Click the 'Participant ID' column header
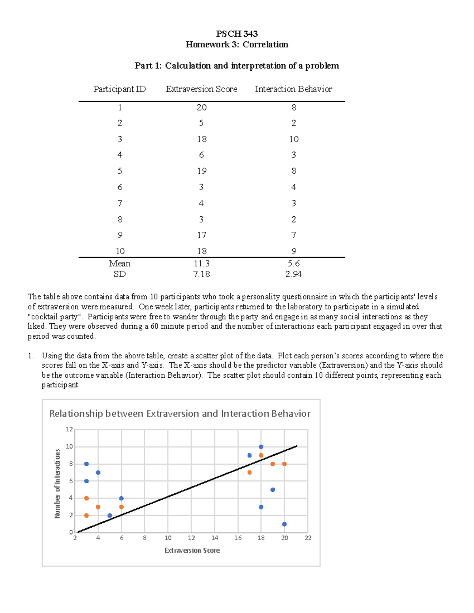click(x=119, y=89)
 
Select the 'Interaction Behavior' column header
click(x=293, y=89)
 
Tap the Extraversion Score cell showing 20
click(x=201, y=107)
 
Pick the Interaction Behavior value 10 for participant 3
click(x=293, y=139)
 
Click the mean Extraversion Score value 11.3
click(x=201, y=264)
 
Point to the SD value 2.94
click(x=293, y=274)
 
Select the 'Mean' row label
click(x=120, y=264)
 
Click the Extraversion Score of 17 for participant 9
click(x=201, y=235)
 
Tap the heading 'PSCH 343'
click(x=237, y=34)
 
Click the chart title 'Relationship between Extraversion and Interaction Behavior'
click(x=180, y=414)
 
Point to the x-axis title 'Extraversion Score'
click(x=192, y=550)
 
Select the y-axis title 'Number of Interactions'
click(x=58, y=484)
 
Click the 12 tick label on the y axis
click(x=70, y=429)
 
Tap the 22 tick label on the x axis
click(x=308, y=538)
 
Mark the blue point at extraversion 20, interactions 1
click(x=284, y=524)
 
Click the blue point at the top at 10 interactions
click(x=261, y=447)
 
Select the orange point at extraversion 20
click(x=284, y=464)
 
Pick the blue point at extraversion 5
click(x=110, y=516)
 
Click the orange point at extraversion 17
click(x=249, y=472)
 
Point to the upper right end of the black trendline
click(x=296, y=446)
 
